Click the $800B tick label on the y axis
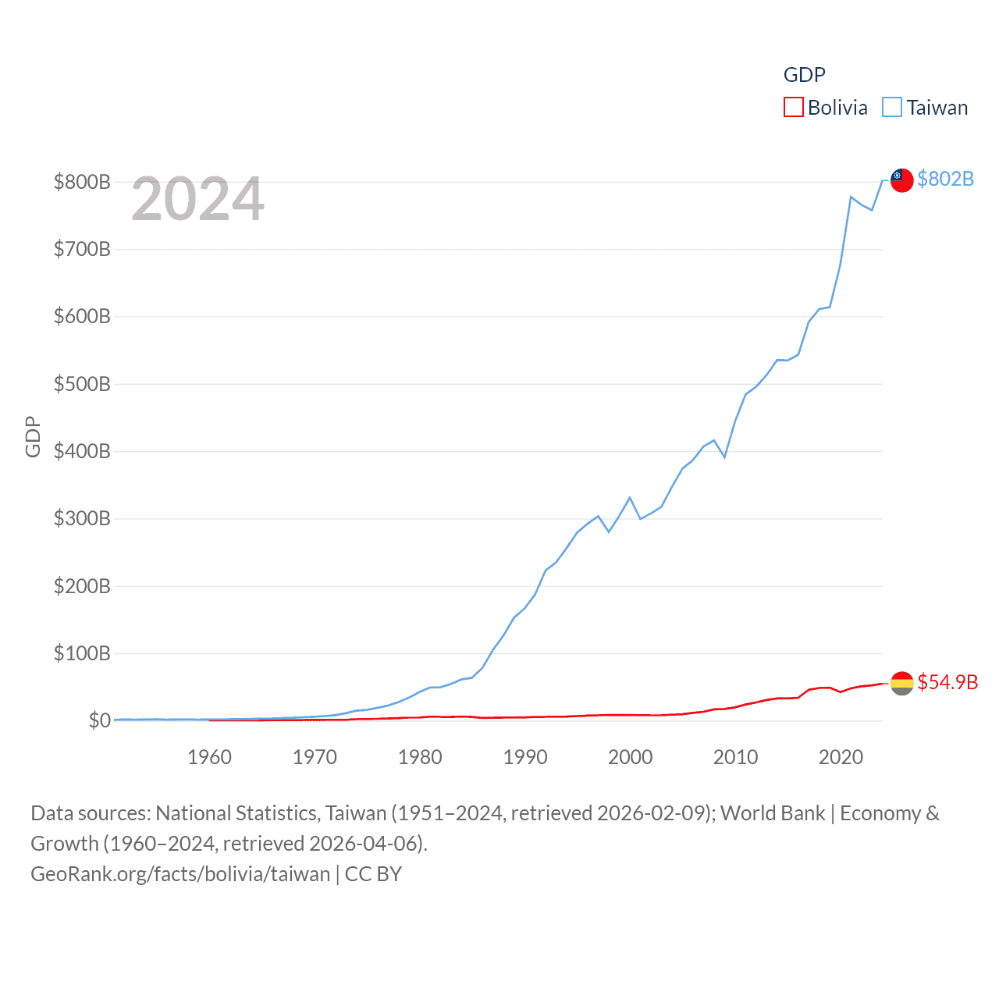pyautogui.click(x=82, y=183)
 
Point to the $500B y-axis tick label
pyautogui.click(x=82, y=384)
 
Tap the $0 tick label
pyautogui.click(x=99, y=720)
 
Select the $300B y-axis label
pyautogui.click(x=82, y=519)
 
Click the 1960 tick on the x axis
pyautogui.click(x=209, y=757)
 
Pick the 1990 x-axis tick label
pyautogui.click(x=525, y=757)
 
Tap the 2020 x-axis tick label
pyautogui.click(x=841, y=757)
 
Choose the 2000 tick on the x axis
pyautogui.click(x=631, y=757)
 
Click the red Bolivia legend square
pyautogui.click(x=793, y=107)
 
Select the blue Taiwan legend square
pyautogui.click(x=892, y=107)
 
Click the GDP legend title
pyautogui.click(x=804, y=75)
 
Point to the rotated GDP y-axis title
pyautogui.click(x=33, y=437)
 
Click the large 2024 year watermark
pyautogui.click(x=197, y=199)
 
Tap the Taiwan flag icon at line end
pyautogui.click(x=901, y=180)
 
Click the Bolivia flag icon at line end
pyautogui.click(x=901, y=683)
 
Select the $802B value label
pyautogui.click(x=945, y=180)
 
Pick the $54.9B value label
pyautogui.click(x=947, y=683)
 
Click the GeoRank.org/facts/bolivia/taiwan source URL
pyautogui.click(x=180, y=874)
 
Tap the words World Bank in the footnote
pyautogui.click(x=772, y=813)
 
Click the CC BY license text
pyautogui.click(x=373, y=874)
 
